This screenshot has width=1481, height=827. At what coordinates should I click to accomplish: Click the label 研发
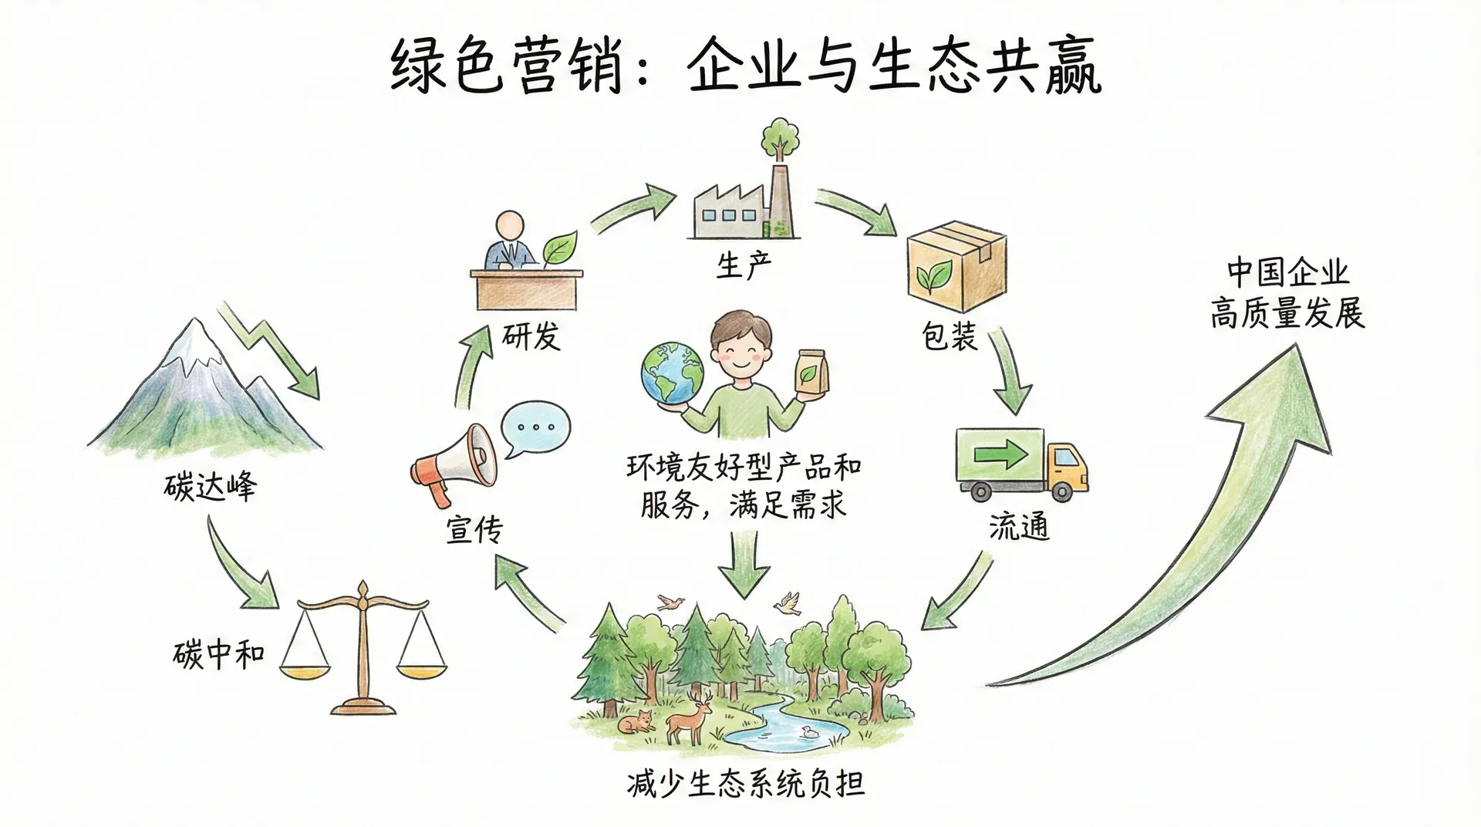(x=531, y=336)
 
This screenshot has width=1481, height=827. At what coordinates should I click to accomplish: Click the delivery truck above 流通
(x=1021, y=463)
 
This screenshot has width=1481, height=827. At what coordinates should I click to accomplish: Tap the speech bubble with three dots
(x=535, y=429)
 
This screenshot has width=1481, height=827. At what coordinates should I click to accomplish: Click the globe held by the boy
(x=671, y=373)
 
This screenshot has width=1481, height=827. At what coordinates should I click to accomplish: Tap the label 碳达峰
(x=210, y=486)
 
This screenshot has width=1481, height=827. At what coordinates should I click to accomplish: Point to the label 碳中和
(x=218, y=656)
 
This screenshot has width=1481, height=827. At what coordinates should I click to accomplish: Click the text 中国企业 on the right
(x=1287, y=272)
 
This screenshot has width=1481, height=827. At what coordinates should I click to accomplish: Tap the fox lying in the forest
(x=637, y=722)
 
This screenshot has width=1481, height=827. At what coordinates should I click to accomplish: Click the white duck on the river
(x=809, y=732)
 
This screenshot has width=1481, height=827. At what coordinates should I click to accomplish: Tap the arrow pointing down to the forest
(x=744, y=567)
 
